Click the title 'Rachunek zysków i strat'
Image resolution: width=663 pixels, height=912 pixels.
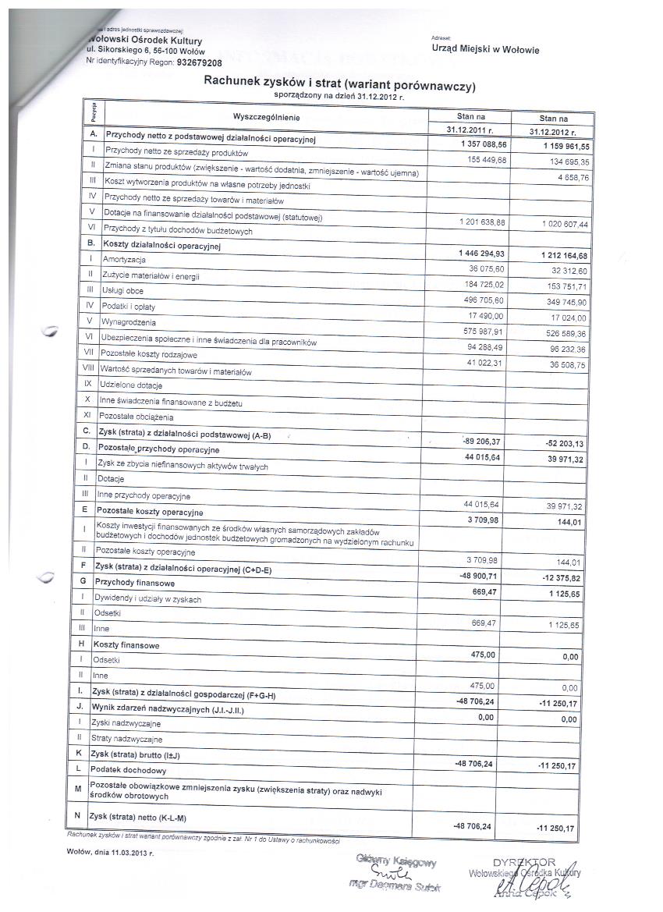coord(339,83)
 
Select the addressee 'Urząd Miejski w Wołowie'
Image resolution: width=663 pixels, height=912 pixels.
coord(484,51)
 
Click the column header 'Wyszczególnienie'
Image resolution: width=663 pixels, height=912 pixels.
coord(265,117)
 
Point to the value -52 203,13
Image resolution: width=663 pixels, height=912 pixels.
coord(554,443)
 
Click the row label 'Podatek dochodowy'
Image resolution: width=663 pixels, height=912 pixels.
coord(128,769)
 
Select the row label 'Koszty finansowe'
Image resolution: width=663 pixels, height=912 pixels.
coord(126,645)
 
